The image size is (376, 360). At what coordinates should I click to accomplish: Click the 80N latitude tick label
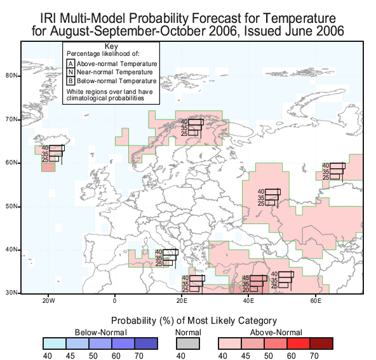coord(11,76)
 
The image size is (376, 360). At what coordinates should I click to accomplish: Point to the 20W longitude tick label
coord(49,300)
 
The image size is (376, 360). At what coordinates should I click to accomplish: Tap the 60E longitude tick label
coord(316,300)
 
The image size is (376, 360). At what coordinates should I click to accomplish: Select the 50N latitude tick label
coord(11,206)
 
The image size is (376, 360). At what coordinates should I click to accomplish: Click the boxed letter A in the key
coord(70,63)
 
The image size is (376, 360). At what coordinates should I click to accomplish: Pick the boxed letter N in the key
coord(70,72)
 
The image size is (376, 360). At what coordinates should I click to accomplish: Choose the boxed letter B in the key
coord(70,81)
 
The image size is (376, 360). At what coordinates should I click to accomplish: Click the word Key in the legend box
coord(111,46)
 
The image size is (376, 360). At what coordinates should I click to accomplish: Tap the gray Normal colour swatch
coord(188,343)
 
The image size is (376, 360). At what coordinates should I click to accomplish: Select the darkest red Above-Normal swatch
coord(321,343)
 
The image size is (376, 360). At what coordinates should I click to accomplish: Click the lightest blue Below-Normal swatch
coord(55,343)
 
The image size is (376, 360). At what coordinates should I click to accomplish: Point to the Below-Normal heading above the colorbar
coord(101,333)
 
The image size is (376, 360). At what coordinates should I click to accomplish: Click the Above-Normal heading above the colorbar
coord(276,333)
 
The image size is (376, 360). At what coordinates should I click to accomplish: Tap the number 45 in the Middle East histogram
coord(246,278)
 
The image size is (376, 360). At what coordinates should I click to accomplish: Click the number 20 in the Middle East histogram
coord(246,290)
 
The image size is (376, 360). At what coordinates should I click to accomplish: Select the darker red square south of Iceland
coord(48,167)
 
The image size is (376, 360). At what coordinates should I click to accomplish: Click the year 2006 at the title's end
coord(330,31)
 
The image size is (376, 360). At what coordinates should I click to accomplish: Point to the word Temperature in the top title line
coord(299,18)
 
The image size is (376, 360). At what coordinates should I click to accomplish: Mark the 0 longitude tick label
coord(114,300)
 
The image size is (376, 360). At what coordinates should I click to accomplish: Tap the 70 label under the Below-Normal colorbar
coord(139,356)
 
